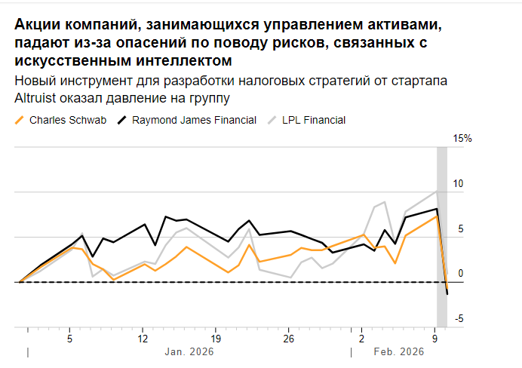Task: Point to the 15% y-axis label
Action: [x=462, y=139]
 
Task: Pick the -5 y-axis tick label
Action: [x=460, y=319]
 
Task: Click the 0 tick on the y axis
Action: [x=460, y=274]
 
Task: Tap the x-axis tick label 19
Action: [x=215, y=339]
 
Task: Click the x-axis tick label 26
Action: [x=288, y=339]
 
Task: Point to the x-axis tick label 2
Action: [x=361, y=339]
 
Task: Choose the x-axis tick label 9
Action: [x=434, y=339]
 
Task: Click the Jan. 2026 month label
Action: [x=189, y=352]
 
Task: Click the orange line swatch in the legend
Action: [x=20, y=120]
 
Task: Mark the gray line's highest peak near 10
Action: [x=437, y=191]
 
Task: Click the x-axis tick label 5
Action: [x=69, y=339]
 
